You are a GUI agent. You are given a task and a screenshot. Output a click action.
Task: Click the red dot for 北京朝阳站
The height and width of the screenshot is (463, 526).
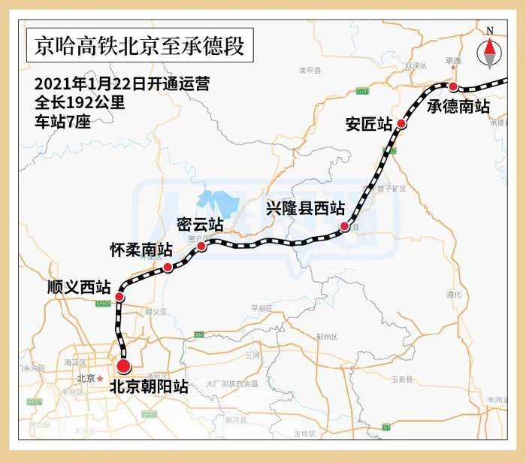tap(123, 367)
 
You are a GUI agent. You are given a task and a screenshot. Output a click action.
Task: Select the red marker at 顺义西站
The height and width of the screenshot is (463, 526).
tap(119, 298)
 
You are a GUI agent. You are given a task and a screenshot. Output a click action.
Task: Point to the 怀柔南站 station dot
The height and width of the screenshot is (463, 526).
tap(168, 268)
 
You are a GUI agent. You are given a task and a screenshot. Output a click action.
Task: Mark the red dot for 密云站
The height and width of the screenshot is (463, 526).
tap(201, 246)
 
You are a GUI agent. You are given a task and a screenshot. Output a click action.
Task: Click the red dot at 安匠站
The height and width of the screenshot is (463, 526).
tap(402, 123)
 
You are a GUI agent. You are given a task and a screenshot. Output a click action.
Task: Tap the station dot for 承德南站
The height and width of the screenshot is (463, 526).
tap(453, 86)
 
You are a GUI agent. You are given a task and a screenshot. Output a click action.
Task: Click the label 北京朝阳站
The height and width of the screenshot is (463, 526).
tap(148, 388)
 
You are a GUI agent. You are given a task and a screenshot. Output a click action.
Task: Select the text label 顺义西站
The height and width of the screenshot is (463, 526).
tap(78, 286)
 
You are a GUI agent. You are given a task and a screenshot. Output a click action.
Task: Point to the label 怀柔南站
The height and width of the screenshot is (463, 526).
tap(141, 249)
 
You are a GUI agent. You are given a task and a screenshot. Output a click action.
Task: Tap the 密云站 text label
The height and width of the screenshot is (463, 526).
tap(200, 225)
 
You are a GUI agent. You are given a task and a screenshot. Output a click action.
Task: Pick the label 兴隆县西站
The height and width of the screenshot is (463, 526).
tap(305, 207)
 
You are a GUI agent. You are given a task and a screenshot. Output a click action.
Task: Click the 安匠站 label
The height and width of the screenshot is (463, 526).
tap(368, 123)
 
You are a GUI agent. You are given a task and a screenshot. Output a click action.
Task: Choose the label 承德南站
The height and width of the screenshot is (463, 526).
tap(458, 107)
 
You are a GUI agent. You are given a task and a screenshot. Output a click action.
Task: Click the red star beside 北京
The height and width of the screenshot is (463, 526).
tap(101, 378)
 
